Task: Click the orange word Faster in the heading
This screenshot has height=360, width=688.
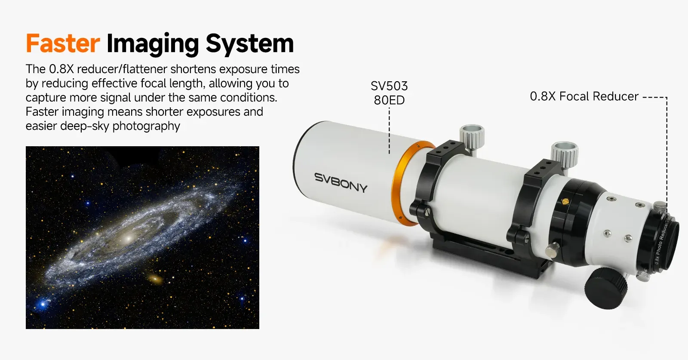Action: [x=63, y=43]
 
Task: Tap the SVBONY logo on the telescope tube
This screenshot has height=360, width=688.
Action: [x=341, y=182]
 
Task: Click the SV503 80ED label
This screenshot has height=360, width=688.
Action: [x=389, y=93]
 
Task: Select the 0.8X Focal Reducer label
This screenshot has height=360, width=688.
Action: [x=584, y=96]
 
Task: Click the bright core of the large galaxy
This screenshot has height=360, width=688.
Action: [x=129, y=237]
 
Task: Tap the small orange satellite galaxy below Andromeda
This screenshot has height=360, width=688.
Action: [x=155, y=279]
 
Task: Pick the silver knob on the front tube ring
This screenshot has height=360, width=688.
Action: [x=472, y=137]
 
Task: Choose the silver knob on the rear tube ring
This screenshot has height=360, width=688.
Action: [x=565, y=154]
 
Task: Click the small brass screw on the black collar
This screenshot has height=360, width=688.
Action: [x=565, y=201]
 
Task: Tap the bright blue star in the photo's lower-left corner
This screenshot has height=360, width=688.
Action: [x=43, y=304]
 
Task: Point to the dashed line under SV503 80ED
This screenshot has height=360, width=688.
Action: [x=389, y=131]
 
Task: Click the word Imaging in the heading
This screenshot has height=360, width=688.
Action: [x=153, y=45]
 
